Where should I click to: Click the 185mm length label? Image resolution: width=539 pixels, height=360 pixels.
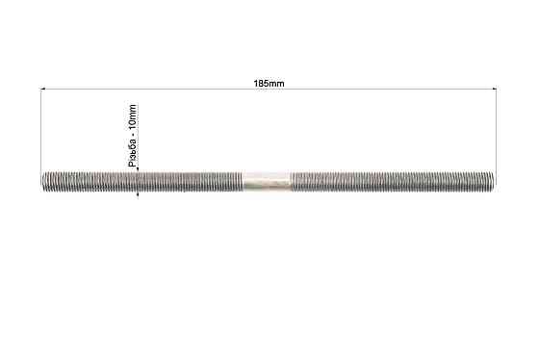click(x=269, y=84)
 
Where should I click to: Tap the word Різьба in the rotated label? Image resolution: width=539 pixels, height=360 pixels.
click(x=133, y=152)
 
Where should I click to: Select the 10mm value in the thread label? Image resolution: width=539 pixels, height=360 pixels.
click(x=133, y=116)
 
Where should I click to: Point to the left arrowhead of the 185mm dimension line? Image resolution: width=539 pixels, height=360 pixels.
click(x=43, y=90)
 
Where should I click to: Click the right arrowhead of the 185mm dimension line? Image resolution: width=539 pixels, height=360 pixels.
click(x=495, y=90)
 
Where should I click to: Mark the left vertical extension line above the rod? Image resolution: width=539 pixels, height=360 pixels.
click(x=40, y=130)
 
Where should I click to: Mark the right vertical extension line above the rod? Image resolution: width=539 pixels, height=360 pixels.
click(x=497, y=130)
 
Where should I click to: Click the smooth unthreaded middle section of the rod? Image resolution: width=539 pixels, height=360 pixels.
click(x=268, y=181)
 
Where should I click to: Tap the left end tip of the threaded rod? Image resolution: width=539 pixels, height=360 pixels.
click(x=41, y=182)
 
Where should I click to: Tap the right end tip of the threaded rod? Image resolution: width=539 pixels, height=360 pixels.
click(x=496, y=181)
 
